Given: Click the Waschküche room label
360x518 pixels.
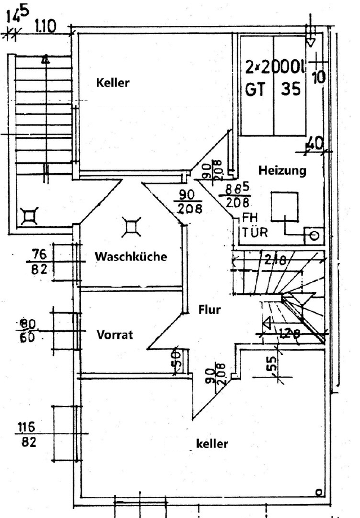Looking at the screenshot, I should (131, 256).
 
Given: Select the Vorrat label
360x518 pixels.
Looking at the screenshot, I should (115, 334).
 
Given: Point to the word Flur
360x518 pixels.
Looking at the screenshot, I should (209, 309).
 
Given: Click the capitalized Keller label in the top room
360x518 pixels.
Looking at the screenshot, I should (113, 83).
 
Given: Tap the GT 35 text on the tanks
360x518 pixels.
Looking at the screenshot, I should (274, 89).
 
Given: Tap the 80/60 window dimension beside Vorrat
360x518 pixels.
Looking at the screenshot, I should (28, 331).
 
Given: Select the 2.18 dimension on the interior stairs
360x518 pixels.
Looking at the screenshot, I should (275, 259).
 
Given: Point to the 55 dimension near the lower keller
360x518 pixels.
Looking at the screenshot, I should (272, 368).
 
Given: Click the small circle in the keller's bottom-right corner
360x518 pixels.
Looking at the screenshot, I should (319, 492).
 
